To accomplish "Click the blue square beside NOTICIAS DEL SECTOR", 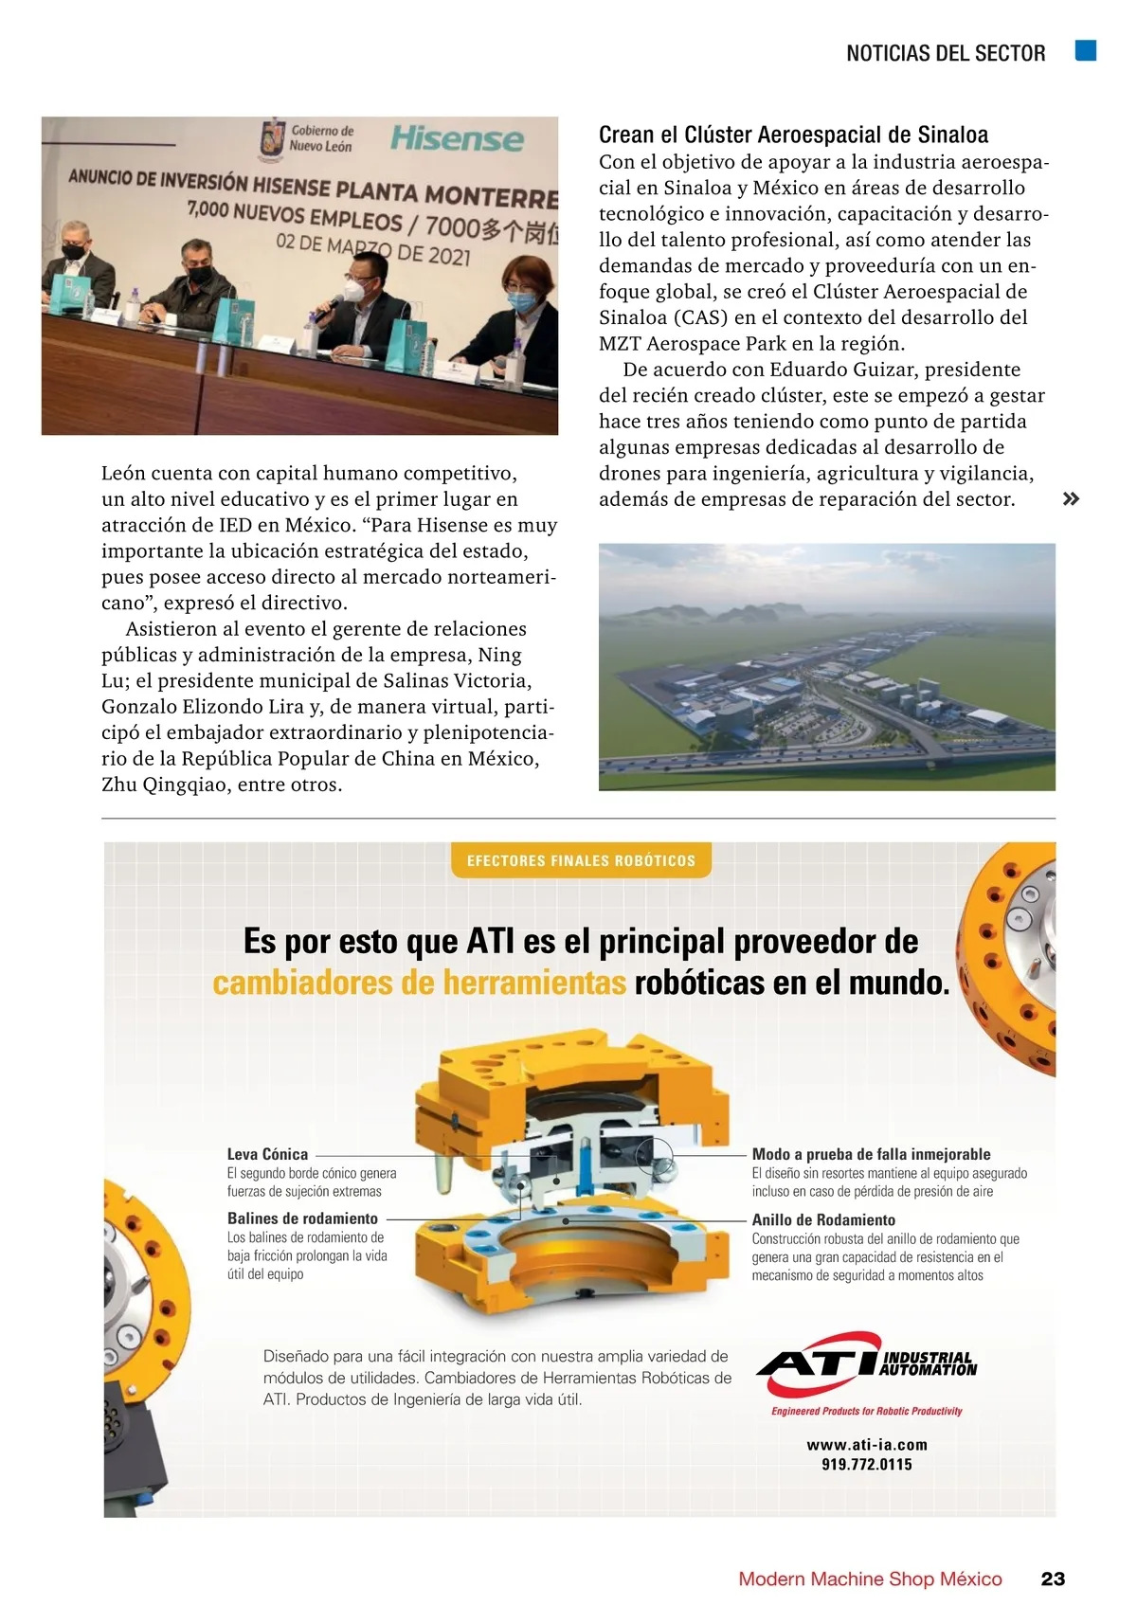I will tap(1086, 51).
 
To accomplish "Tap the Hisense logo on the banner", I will tap(457, 139).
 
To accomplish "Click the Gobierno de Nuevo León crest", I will tap(273, 138).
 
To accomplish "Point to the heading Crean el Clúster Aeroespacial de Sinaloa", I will tap(793, 135).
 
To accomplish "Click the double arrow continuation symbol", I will tap(1071, 499).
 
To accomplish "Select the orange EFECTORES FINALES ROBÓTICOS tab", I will tap(581, 860).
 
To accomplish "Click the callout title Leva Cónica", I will tap(267, 1154).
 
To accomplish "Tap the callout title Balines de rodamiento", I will tap(302, 1218).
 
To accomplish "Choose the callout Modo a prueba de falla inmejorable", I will tap(871, 1154).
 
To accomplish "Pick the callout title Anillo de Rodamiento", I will tap(823, 1220).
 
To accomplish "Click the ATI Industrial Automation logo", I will tap(866, 1364).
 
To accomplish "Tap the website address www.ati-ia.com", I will tap(867, 1445).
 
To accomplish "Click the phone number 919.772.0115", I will tap(867, 1464).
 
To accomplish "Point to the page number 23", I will tap(1053, 1579).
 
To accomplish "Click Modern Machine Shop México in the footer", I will tap(870, 1579).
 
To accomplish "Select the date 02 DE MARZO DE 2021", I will tap(372, 248).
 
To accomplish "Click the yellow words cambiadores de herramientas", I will tap(419, 983).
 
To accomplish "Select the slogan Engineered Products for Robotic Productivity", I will tap(866, 1411).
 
